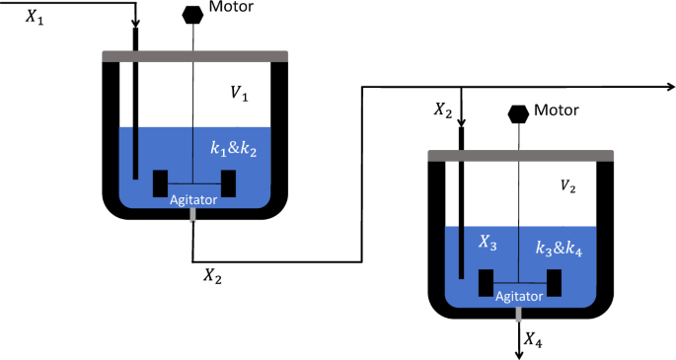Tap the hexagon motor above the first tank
click(193, 15)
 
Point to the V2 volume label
click(569, 185)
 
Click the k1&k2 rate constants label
click(234, 148)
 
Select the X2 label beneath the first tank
click(212, 275)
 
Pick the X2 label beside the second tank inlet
click(443, 110)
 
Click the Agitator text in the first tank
click(192, 199)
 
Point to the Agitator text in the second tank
click(518, 296)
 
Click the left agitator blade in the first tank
click(159, 183)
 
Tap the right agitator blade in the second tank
click(555, 281)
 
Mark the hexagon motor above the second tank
click(518, 113)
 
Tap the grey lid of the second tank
click(520, 155)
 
